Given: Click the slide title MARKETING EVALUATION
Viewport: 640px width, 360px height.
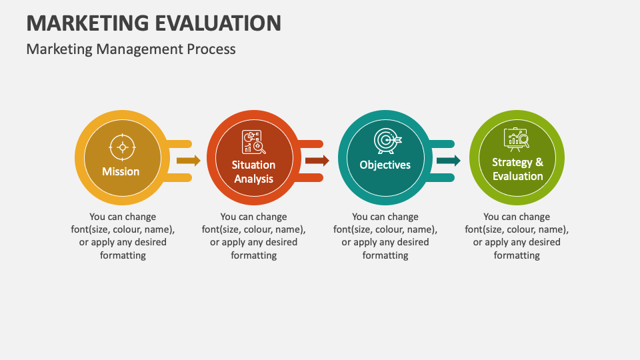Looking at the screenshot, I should pos(153,23).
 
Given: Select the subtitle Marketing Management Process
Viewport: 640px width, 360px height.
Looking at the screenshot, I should pos(131,49).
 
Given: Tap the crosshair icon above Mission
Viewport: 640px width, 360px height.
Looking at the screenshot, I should pos(121,146).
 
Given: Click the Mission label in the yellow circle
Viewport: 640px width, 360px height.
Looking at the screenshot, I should pos(121,171).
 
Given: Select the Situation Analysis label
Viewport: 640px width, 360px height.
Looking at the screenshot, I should pos(253,171).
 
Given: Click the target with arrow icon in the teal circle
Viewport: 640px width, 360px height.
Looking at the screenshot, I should pos(386,141).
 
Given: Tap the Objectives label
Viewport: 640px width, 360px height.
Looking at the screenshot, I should pos(385,165).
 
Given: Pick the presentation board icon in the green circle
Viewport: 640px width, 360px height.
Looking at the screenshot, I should pos(517,138).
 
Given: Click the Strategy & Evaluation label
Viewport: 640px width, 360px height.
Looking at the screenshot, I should pos(517,169).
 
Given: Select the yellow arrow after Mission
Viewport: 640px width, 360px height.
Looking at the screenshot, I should pos(189,161).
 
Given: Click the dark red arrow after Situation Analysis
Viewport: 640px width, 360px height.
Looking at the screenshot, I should pos(317,161).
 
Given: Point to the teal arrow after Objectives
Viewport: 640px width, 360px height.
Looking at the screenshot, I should pos(449,161).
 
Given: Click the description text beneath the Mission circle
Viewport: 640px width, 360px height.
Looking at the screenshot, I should pos(123,236).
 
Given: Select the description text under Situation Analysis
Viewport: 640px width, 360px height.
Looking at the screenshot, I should pos(253,236).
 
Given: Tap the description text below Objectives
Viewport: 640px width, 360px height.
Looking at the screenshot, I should pos(385,236).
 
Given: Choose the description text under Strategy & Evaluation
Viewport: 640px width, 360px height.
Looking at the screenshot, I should pos(517,236).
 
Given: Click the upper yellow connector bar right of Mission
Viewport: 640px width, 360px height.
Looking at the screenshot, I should pos(179,144).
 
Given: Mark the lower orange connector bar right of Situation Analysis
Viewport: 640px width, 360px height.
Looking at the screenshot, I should pos(310,177).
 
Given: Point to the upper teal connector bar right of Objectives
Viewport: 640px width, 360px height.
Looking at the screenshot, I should pos(441,144).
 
